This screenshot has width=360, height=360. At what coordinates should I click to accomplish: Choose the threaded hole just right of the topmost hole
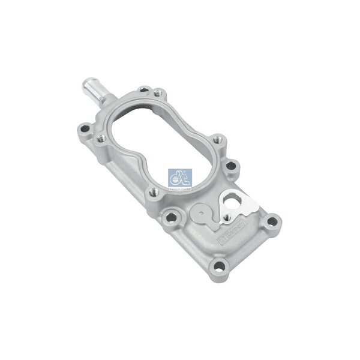click(x=158, y=94)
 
